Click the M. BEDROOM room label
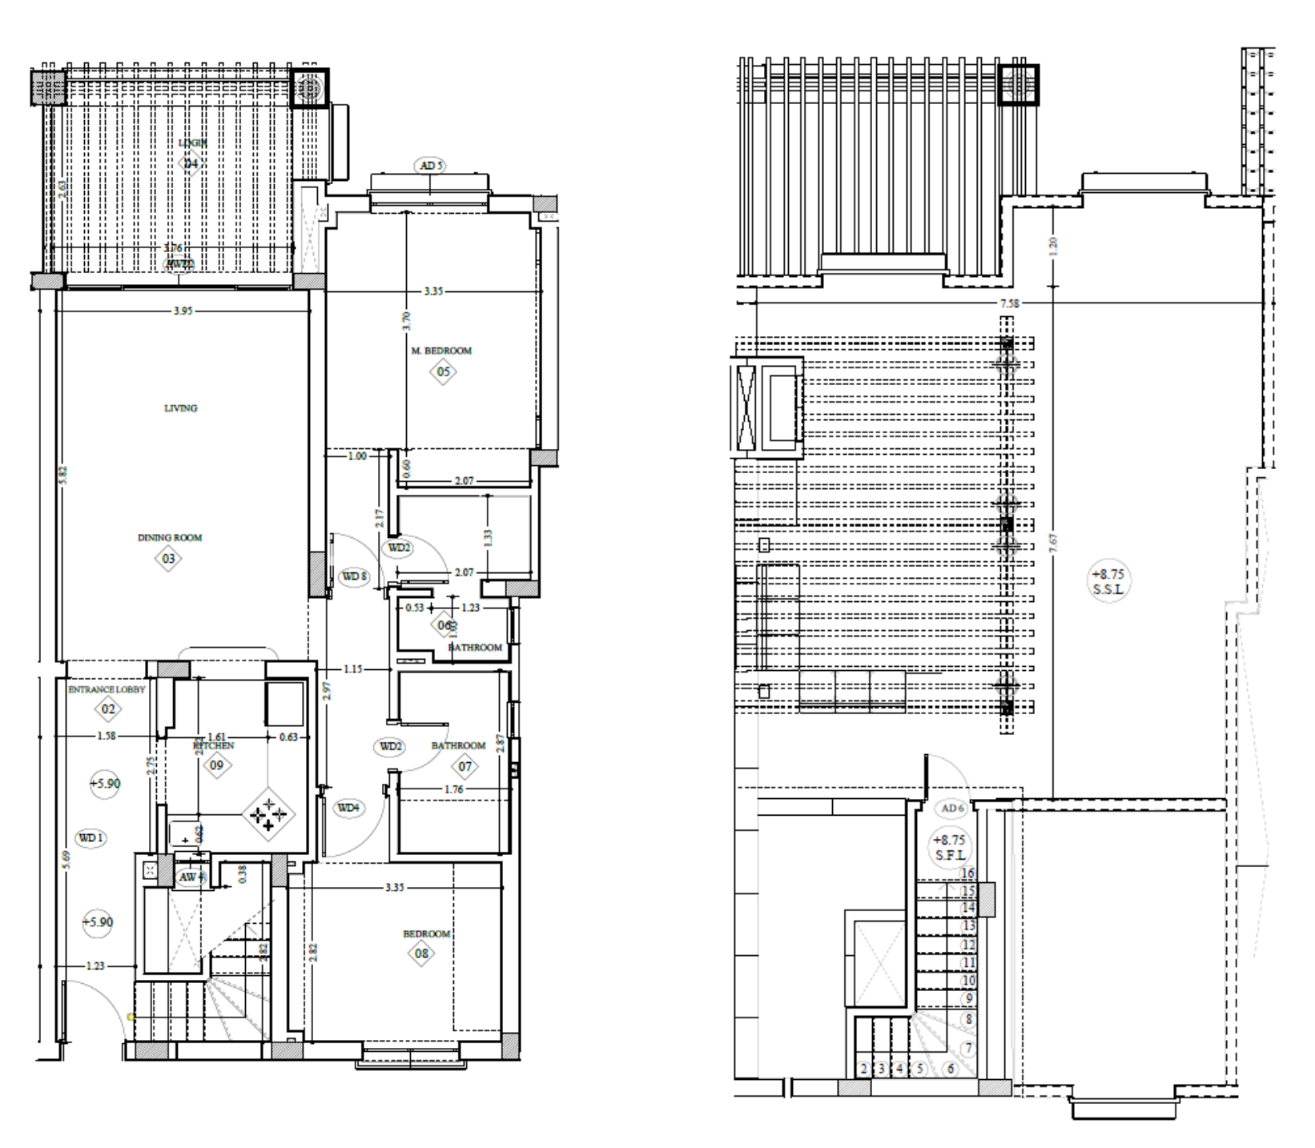(441, 351)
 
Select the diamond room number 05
(443, 371)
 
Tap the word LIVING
(180, 408)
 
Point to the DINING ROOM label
(170, 538)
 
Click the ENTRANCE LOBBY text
(107, 689)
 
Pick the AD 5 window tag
(431, 166)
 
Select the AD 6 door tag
(952, 809)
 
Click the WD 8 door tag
(355, 576)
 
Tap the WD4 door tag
(348, 808)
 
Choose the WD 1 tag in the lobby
(90, 838)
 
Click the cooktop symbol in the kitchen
(268, 815)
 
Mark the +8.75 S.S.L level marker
(1108, 582)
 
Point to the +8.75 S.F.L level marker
(950, 848)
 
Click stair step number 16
(968, 874)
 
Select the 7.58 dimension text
(1010, 303)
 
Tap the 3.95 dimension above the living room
(183, 311)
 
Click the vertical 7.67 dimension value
(1053, 542)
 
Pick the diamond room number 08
(421, 953)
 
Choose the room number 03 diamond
(168, 559)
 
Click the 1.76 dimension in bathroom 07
(453, 789)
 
